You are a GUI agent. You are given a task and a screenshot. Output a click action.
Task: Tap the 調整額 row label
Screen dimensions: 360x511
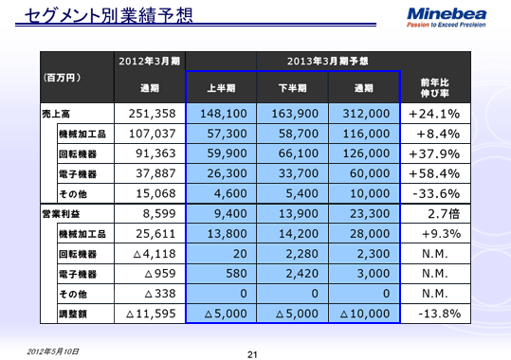coord(74,312)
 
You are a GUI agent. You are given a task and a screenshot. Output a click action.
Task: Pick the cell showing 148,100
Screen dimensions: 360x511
coord(224,114)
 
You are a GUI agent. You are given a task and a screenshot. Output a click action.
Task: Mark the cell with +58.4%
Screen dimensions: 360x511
coord(433,173)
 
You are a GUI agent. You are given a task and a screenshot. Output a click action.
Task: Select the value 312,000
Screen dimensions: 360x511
coord(365,114)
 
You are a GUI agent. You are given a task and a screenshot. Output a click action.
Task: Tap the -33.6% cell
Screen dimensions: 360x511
coord(433,193)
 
